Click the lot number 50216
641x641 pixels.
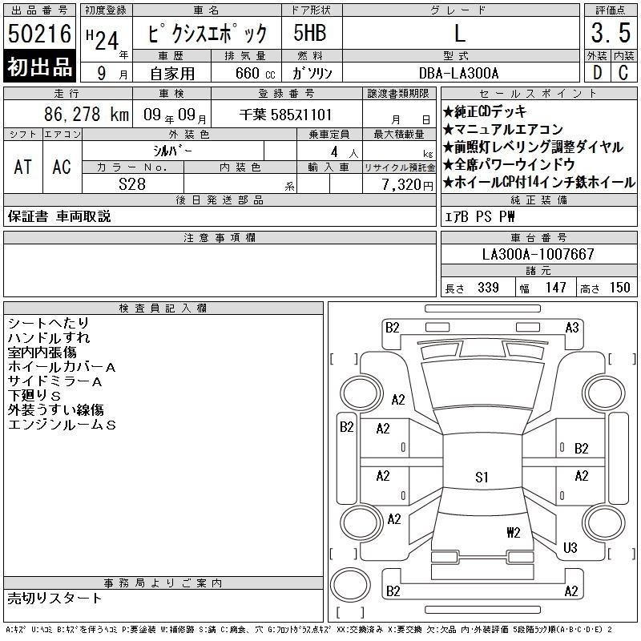click(x=39, y=33)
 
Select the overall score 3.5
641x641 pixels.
click(x=611, y=33)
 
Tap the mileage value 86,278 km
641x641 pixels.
click(x=87, y=114)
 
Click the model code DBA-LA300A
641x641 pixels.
click(x=458, y=73)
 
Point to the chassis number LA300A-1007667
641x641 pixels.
click(x=538, y=254)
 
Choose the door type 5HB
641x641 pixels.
click(x=310, y=33)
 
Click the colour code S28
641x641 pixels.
click(x=132, y=184)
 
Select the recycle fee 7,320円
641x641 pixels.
click(x=408, y=185)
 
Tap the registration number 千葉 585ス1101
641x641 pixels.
click(x=286, y=115)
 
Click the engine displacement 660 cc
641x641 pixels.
click(x=255, y=73)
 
